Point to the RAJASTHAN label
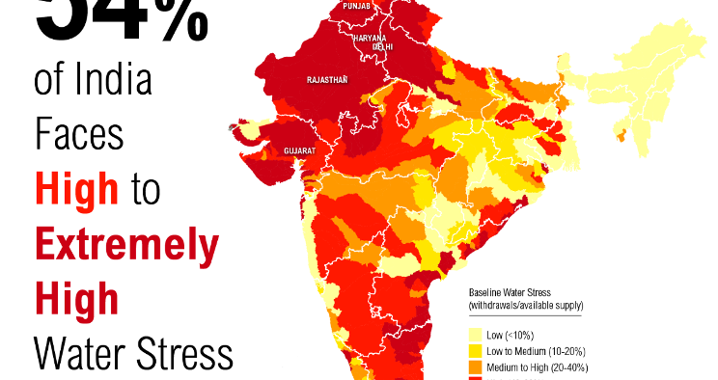pos(326,81)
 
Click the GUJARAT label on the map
pos(299,151)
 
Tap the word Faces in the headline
pos(80,136)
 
